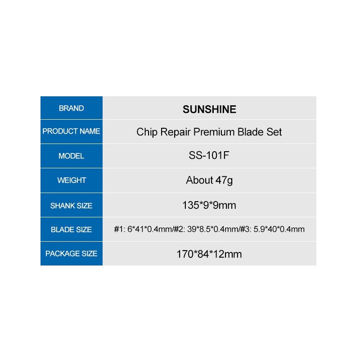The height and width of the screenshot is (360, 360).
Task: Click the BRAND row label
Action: pyautogui.click(x=72, y=108)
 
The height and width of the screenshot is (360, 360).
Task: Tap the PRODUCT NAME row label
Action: pyautogui.click(x=72, y=131)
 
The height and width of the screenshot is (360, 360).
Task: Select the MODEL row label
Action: pyautogui.click(x=72, y=156)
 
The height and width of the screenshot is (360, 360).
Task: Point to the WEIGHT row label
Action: pyautogui.click(x=72, y=180)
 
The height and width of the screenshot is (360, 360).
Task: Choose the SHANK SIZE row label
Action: pyautogui.click(x=72, y=206)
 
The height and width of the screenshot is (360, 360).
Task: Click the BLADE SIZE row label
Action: pyautogui.click(x=72, y=229)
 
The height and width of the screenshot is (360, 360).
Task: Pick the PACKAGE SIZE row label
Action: pyautogui.click(x=72, y=253)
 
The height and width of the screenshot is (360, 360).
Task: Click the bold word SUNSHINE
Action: pyautogui.click(x=209, y=109)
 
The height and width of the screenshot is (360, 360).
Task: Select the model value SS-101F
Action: pyautogui.click(x=209, y=155)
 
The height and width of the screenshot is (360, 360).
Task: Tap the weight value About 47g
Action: pyautogui.click(x=209, y=180)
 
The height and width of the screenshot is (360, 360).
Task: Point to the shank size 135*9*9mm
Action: pyautogui.click(x=209, y=205)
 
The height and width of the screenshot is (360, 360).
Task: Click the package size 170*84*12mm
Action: pyautogui.click(x=209, y=254)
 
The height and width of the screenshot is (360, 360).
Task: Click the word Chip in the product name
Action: pyautogui.click(x=147, y=132)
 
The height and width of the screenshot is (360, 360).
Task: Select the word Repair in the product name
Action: pyautogui.click(x=175, y=132)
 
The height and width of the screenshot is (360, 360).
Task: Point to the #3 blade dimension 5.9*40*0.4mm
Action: pyautogui.click(x=279, y=229)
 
